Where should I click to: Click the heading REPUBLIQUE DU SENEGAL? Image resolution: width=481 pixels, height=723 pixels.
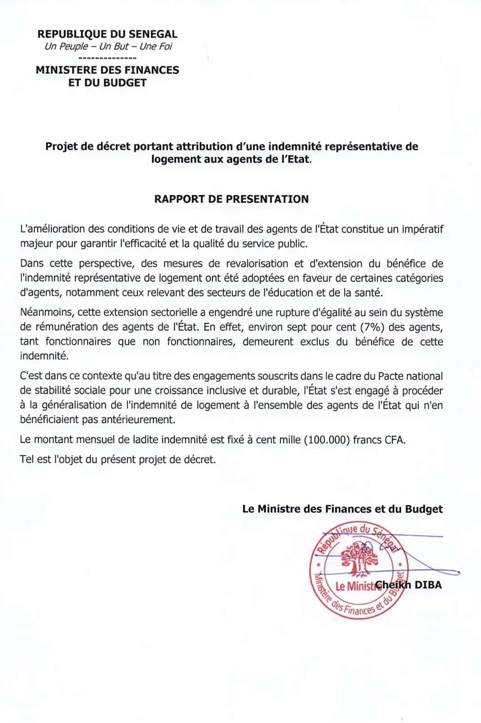tap(107, 34)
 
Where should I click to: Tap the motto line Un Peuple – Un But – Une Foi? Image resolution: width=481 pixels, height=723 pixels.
tap(108, 46)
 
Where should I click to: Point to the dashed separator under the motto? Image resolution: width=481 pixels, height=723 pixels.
tap(107, 58)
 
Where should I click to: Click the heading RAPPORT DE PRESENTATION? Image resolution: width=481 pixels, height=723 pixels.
tap(231, 199)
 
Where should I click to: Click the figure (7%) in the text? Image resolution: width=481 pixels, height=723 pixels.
tap(372, 327)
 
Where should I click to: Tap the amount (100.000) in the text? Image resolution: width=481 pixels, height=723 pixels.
tap(327, 440)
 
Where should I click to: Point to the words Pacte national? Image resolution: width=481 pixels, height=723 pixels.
tap(410, 376)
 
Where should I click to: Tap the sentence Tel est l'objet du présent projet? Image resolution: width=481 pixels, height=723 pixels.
tap(118, 460)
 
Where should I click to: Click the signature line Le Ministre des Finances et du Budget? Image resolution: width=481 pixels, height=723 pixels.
tap(342, 509)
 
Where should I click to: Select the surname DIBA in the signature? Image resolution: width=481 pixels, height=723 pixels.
tap(428, 585)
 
